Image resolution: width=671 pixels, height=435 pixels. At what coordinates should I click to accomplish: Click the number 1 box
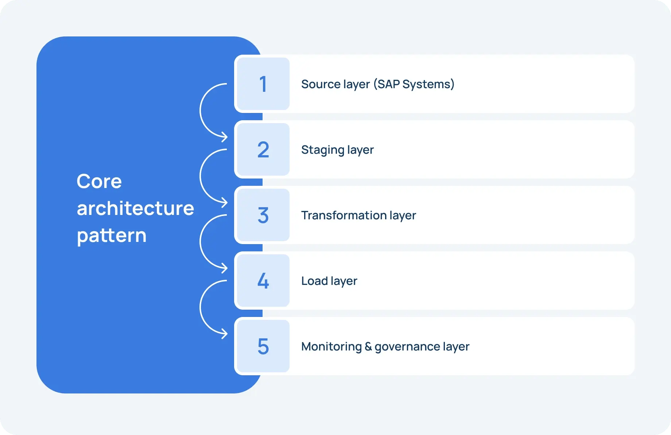tap(263, 84)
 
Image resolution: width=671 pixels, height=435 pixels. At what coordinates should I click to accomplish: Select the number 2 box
tap(263, 149)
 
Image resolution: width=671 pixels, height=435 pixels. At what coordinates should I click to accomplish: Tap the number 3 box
tap(263, 215)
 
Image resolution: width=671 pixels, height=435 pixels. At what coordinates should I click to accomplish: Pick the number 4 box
tap(263, 281)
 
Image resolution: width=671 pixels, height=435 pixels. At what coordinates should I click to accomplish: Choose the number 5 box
tap(263, 346)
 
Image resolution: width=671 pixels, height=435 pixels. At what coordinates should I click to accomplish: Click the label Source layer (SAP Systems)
tap(378, 84)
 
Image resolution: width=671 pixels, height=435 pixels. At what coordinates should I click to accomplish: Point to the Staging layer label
tap(337, 150)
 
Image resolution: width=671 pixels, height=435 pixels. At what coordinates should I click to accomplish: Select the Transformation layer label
tap(358, 215)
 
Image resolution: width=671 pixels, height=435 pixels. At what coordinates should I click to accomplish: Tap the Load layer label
tap(329, 281)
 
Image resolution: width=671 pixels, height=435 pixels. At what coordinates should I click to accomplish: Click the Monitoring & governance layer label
tap(385, 346)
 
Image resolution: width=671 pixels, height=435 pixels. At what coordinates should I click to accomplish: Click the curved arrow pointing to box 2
tap(201, 110)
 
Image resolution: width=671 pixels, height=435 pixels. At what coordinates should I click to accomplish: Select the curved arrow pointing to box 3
tap(201, 176)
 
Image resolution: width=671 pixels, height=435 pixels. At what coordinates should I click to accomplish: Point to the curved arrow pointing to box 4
tap(201, 242)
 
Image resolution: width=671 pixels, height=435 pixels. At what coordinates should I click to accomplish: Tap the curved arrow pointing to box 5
tap(201, 307)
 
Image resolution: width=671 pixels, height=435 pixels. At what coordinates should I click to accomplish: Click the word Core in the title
tap(99, 181)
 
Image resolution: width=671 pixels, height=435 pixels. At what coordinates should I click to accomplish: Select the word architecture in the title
tap(135, 208)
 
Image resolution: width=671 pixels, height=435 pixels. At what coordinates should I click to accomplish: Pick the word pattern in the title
tap(112, 236)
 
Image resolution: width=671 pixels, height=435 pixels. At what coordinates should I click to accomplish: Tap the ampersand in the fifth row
tap(368, 346)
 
